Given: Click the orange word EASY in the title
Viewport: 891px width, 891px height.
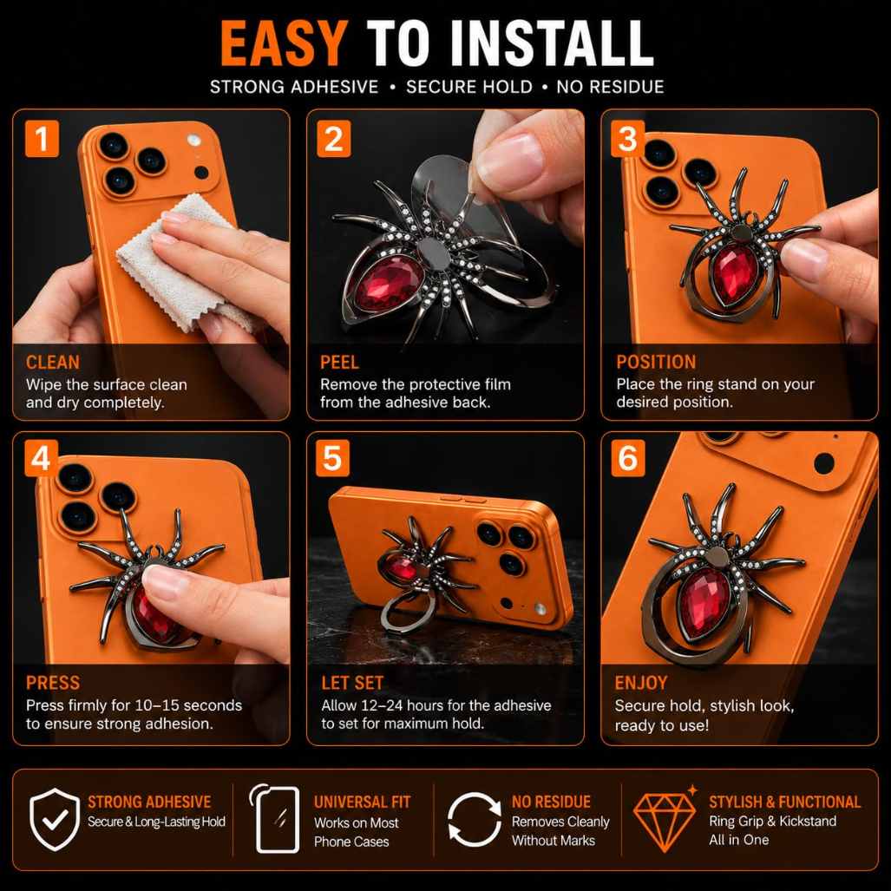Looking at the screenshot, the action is [284, 43].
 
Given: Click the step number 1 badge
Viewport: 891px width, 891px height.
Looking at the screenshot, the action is [42, 139].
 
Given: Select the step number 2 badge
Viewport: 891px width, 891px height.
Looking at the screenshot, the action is [333, 139].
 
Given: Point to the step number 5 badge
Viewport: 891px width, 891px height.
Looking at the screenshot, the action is [332, 458].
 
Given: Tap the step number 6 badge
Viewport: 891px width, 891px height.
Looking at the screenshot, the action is [628, 458].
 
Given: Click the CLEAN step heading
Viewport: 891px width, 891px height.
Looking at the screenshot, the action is [53, 362].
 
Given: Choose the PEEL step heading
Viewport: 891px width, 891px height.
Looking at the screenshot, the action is [339, 362].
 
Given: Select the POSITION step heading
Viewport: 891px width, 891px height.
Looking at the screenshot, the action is [656, 362].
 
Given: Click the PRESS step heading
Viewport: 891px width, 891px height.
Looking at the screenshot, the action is [53, 683].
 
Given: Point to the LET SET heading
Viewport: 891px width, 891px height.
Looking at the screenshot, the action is [352, 683].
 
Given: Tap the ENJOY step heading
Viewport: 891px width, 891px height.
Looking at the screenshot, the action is [641, 683].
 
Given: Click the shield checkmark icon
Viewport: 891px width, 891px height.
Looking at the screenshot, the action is [55, 819].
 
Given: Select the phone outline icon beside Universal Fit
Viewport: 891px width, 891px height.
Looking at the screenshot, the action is [275, 819].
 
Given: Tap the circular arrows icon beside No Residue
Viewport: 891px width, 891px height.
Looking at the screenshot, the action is [474, 819].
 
